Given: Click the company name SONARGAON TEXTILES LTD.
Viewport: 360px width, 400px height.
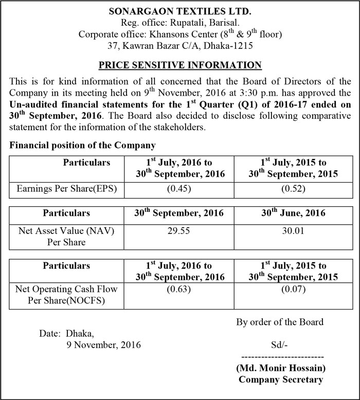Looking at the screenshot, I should click(x=179, y=11).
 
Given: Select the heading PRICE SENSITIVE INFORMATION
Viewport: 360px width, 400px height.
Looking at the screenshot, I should click(x=179, y=65).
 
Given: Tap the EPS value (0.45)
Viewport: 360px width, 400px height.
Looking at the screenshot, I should click(x=179, y=189).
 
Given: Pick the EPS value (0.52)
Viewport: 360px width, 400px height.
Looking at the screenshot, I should click(x=293, y=189).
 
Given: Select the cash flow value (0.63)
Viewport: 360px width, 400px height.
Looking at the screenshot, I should click(x=179, y=289).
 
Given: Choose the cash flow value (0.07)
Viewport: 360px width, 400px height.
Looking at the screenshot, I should click(x=293, y=289).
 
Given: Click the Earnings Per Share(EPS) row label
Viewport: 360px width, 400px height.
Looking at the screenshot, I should click(x=66, y=189).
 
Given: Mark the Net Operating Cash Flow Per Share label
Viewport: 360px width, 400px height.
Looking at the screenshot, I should click(x=66, y=295).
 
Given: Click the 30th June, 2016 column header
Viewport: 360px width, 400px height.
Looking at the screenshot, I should click(x=293, y=213).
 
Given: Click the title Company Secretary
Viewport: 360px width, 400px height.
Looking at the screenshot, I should click(x=281, y=380).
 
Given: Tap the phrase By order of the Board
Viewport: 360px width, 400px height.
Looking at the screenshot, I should click(x=280, y=322).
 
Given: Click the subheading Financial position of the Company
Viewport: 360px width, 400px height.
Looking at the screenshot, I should click(x=82, y=146).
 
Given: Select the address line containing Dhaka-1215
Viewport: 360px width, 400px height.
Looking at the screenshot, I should click(x=179, y=45).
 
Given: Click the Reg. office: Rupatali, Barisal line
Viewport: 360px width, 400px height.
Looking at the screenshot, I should click(x=179, y=23).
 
